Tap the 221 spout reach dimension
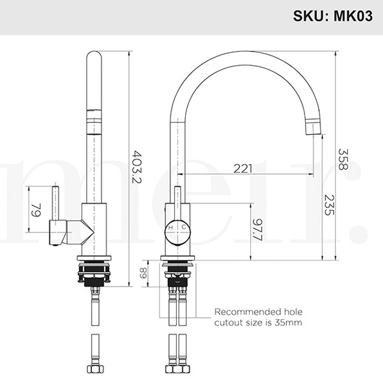pos(242,169)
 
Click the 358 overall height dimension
pos(343,158)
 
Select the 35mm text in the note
pos(289,323)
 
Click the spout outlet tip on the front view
pos(313,130)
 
